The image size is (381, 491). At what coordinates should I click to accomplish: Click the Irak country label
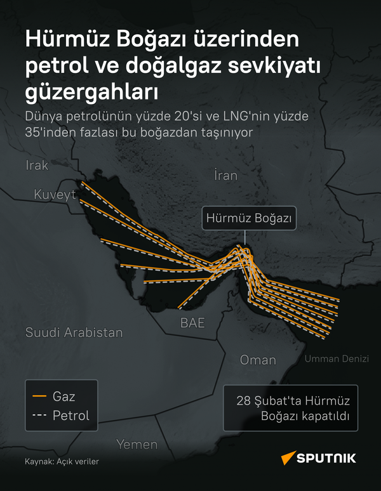(x=37, y=166)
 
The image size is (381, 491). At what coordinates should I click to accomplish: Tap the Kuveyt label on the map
(x=55, y=193)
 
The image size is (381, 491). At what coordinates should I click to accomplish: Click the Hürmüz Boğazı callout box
(x=248, y=218)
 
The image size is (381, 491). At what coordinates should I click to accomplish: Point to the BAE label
(x=192, y=322)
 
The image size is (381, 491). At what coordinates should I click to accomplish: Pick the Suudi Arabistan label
(x=74, y=332)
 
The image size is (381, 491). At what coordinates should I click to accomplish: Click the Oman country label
(x=258, y=360)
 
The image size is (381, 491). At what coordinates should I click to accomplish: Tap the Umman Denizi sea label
(x=337, y=359)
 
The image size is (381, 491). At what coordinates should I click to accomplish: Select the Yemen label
(x=137, y=444)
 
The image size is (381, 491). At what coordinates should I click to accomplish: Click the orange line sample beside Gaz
(x=39, y=397)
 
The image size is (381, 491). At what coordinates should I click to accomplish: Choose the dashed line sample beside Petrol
(x=39, y=416)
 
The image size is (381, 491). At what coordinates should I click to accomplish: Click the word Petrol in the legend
(x=70, y=416)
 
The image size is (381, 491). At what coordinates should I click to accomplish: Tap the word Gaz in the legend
(x=63, y=397)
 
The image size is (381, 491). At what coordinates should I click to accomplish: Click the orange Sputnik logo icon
(x=288, y=457)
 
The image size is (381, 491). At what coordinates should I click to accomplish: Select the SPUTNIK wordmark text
(x=329, y=458)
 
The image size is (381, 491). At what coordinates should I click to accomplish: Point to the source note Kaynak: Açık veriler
(x=62, y=462)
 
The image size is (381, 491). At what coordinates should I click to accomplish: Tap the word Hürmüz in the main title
(x=67, y=40)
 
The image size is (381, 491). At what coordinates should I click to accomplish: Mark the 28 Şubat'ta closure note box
(x=290, y=409)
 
